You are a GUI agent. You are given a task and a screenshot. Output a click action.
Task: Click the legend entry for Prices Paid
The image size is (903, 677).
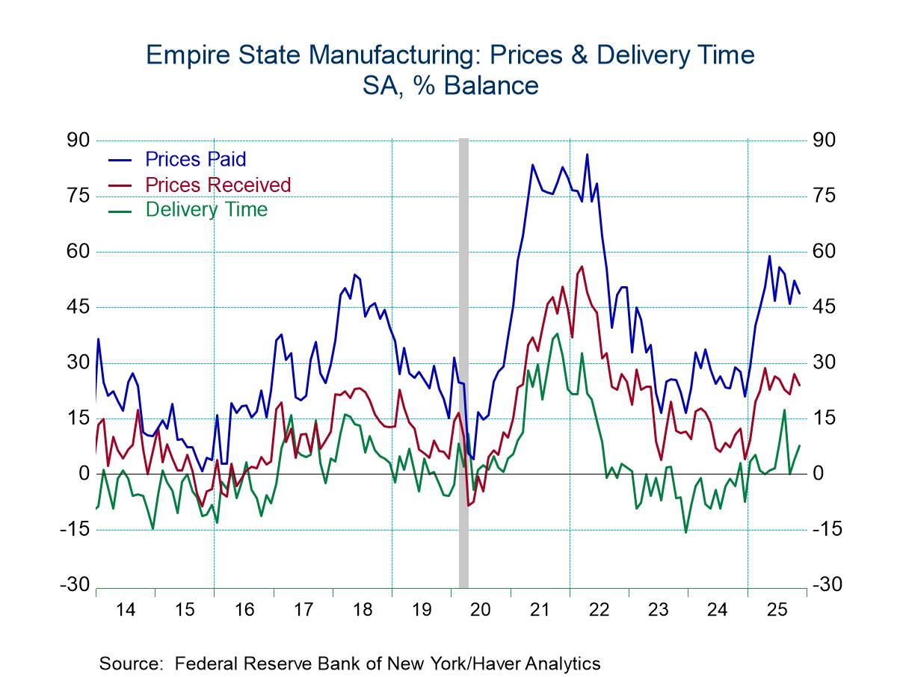pos(195,159)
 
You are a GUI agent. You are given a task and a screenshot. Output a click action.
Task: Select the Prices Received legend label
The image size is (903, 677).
pos(218,185)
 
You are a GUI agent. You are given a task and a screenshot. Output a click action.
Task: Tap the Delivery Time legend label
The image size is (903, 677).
pos(206,210)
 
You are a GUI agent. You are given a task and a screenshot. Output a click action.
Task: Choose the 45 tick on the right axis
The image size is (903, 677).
pos(830,307)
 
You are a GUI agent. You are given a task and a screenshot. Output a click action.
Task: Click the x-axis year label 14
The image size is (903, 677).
pos(126,610)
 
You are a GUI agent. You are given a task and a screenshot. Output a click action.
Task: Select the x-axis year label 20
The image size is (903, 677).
pos(480,610)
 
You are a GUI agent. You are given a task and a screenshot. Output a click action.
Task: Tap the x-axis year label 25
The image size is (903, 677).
pos(775,610)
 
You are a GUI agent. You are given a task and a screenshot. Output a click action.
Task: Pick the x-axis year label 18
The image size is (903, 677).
pos(362,610)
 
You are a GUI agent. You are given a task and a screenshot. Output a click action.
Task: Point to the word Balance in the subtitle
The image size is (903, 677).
pos(490,85)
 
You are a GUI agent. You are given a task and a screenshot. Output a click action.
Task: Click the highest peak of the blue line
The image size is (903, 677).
pos(588,154)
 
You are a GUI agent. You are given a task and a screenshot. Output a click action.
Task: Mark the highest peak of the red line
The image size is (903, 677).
pos(582,266)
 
